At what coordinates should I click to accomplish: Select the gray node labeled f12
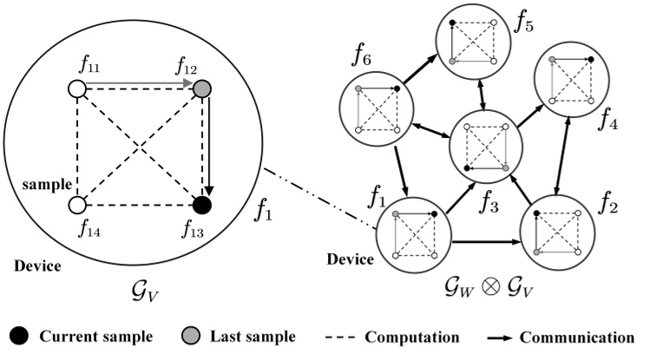pyautogui.click(x=201, y=89)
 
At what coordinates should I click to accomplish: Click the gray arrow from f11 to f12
pyautogui.click(x=139, y=86)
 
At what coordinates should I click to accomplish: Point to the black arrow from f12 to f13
pyautogui.click(x=209, y=147)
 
